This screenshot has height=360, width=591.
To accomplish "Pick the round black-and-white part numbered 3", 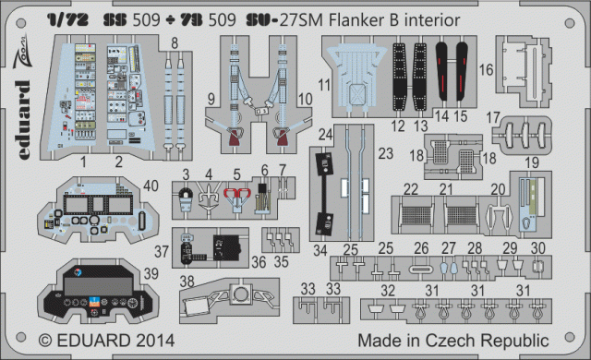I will [x=187, y=197].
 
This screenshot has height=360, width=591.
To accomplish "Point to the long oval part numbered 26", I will [x=422, y=268].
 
